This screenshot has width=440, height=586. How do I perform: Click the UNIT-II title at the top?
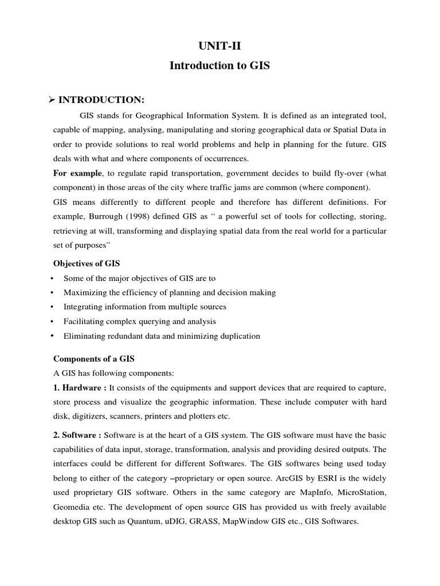pyautogui.click(x=219, y=46)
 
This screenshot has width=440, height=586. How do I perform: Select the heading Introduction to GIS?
pyautogui.click(x=219, y=66)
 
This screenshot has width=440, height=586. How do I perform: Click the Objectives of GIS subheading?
pyautogui.click(x=87, y=264)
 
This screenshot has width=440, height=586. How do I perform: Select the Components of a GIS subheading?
pyautogui.click(x=93, y=359)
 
